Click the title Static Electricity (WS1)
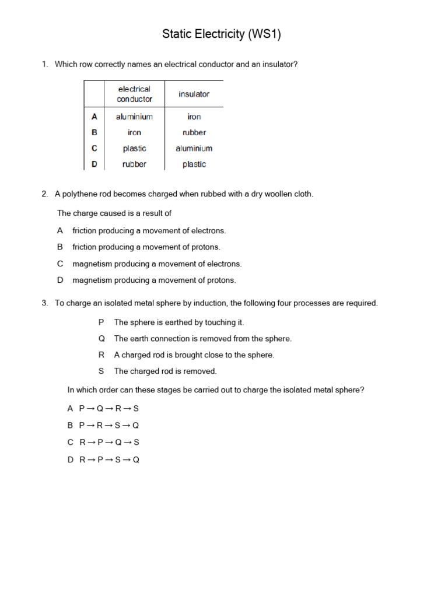(222, 34)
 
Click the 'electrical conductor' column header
(134, 94)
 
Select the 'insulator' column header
(194, 94)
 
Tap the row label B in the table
(94, 132)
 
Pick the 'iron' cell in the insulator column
(194, 117)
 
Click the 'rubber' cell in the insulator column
(194, 132)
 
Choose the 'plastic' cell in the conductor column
(134, 148)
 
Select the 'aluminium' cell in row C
(194, 148)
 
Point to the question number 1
(44, 64)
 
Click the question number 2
(44, 194)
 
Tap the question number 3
(44, 303)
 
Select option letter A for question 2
(60, 231)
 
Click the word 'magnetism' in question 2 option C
(92, 264)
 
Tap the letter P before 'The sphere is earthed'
(101, 322)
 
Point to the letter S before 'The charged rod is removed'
(101, 371)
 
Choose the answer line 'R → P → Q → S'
(109, 443)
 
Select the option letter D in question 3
(71, 459)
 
